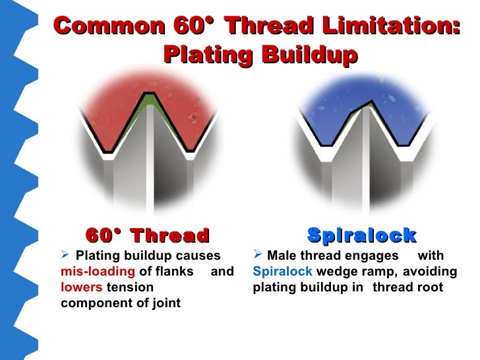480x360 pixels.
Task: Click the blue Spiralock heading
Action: pos(361,235)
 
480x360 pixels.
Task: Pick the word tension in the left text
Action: pos(130,287)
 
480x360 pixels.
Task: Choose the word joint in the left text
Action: pos(165,303)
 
